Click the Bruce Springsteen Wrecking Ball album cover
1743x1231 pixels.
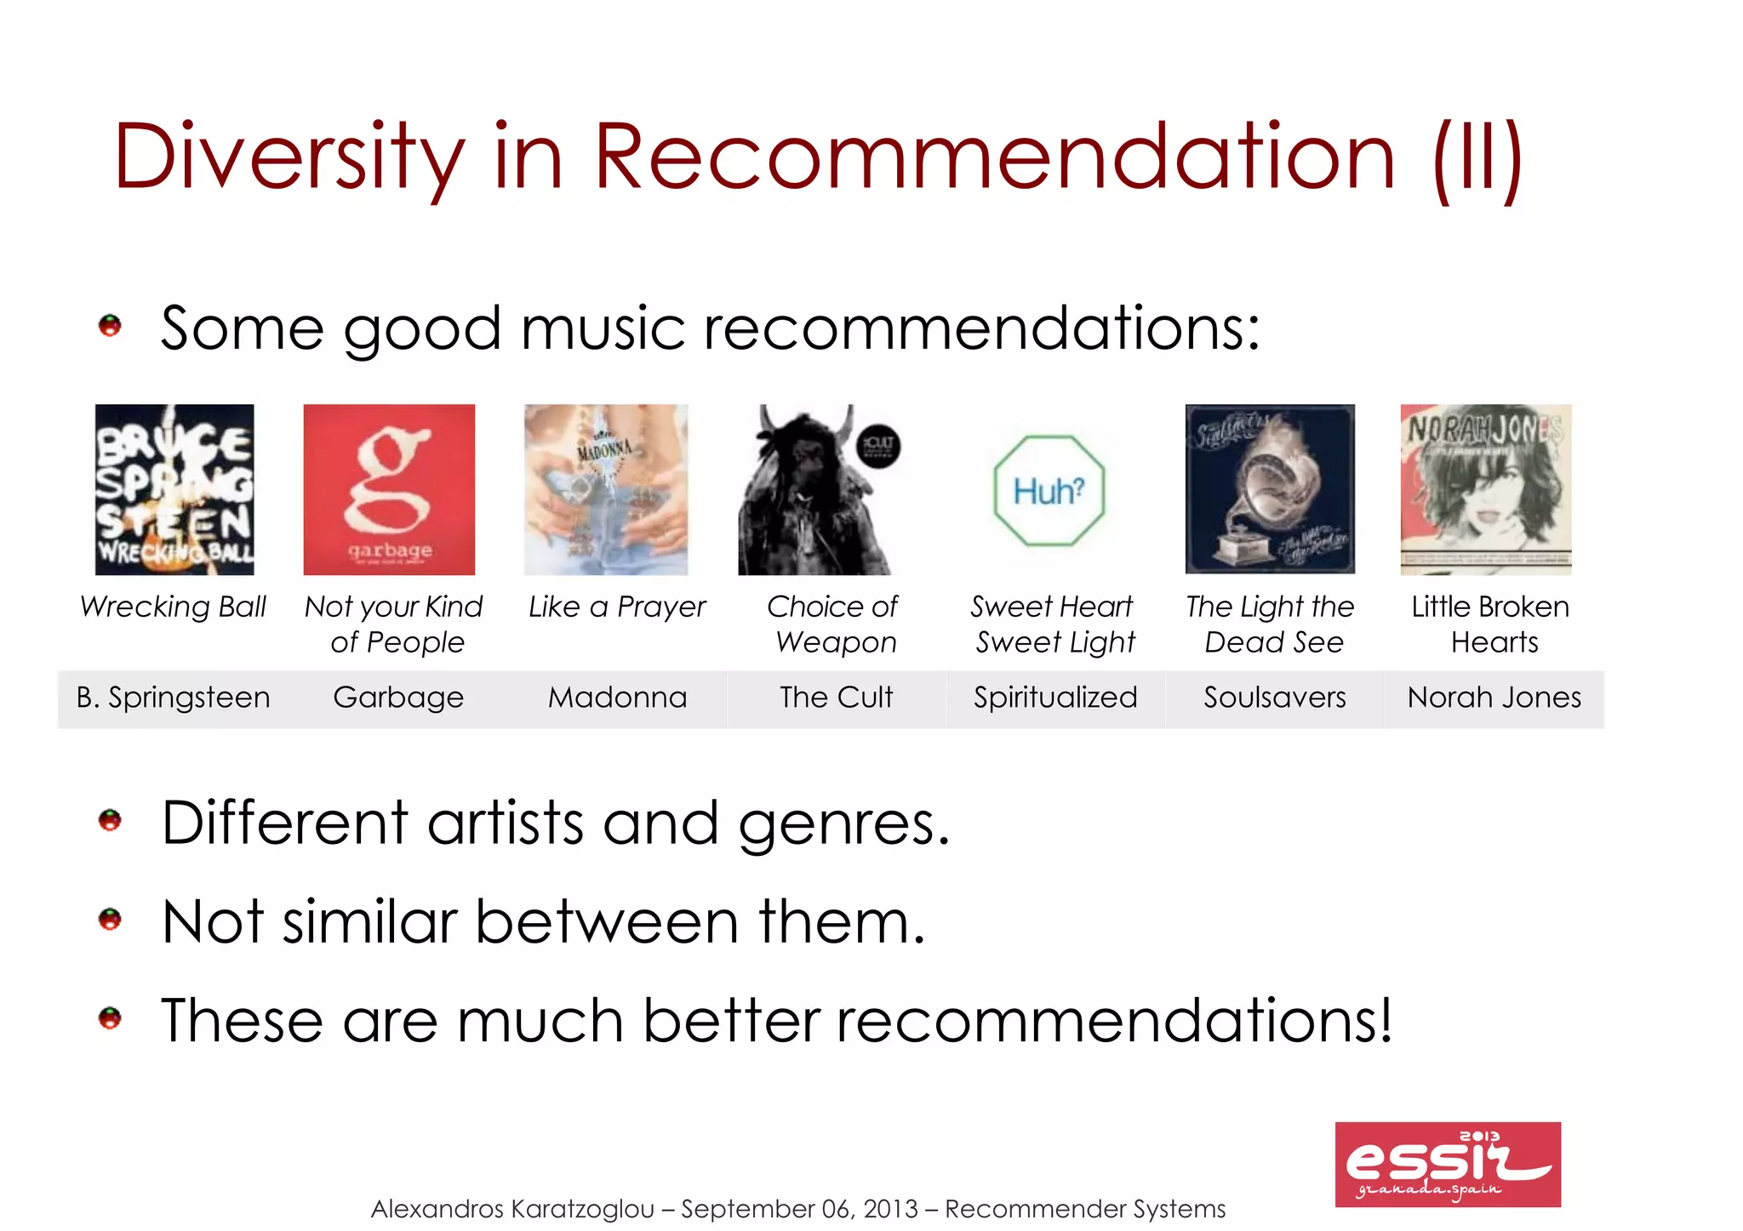[174, 489]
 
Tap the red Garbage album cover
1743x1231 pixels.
[389, 489]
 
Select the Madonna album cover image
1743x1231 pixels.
[606, 489]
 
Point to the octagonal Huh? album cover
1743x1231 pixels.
[1049, 491]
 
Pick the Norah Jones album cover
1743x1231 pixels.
[1486, 489]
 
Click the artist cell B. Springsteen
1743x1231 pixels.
[173, 698]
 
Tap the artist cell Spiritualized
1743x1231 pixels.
[1055, 698]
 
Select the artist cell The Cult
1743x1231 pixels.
[836, 698]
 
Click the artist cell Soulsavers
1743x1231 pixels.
[1274, 698]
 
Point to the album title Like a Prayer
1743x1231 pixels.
[617, 607]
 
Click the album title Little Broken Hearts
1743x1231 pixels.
[1491, 624]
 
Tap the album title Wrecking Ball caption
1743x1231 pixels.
[173, 607]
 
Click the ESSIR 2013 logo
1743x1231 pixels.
[1448, 1164]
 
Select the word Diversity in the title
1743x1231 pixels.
[289, 157]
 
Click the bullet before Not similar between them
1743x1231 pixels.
[110, 920]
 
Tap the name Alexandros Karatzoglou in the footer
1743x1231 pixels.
[512, 1209]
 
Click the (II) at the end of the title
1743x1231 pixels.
[1477, 157]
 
